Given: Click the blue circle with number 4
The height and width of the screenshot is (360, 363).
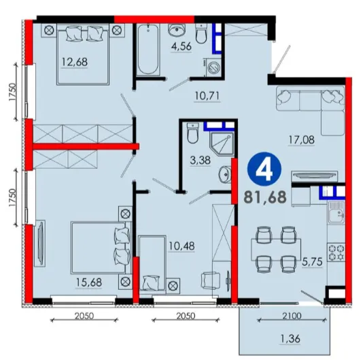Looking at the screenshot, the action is click(x=264, y=169).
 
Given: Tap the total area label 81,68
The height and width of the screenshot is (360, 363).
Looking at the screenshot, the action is click(x=265, y=197).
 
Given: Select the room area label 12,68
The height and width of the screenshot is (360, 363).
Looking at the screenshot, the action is click(x=75, y=62).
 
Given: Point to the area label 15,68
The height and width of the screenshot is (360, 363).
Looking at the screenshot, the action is click(x=89, y=282).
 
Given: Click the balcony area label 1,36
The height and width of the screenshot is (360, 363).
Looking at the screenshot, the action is click(x=290, y=339).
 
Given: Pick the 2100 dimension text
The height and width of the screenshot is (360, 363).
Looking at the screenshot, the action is click(x=292, y=316).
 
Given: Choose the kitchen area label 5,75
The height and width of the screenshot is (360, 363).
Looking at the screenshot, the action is click(x=312, y=262).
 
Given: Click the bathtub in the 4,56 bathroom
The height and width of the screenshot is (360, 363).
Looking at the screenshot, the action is click(x=148, y=50).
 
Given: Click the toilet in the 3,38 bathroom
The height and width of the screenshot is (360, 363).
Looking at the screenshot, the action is click(x=192, y=133).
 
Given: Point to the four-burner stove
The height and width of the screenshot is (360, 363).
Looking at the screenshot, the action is click(x=336, y=252).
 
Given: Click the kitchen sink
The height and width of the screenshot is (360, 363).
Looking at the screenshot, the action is click(x=336, y=213).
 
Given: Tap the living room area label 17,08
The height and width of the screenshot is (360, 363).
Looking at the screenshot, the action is click(x=301, y=140).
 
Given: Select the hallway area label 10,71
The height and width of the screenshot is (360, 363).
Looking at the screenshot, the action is click(x=207, y=96).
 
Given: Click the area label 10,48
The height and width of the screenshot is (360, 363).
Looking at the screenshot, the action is click(x=181, y=246).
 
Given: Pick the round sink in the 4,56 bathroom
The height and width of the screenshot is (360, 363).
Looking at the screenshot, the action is click(x=177, y=29).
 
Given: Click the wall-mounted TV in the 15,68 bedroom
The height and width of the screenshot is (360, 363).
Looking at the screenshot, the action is click(x=40, y=243).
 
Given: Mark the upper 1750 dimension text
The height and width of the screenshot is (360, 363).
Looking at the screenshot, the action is click(x=13, y=92).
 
